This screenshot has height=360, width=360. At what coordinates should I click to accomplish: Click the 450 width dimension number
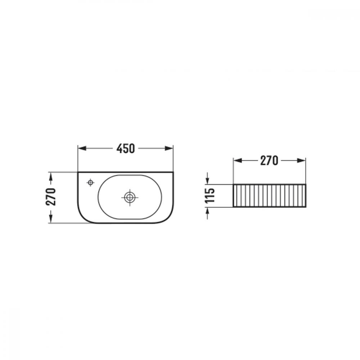125,149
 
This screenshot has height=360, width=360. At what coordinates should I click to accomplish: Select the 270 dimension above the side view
269,161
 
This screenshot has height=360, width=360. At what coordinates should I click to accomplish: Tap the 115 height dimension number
210,195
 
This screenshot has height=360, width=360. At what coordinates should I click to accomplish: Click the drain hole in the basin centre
130,197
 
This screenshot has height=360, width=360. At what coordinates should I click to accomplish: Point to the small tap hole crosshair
90,183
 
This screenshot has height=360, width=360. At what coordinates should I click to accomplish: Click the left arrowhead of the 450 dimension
82,148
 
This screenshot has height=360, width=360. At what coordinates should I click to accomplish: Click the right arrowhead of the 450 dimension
169,148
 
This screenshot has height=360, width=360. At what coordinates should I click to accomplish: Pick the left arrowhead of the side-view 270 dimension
238,161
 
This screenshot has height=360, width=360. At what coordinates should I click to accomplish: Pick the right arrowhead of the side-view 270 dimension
301,161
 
